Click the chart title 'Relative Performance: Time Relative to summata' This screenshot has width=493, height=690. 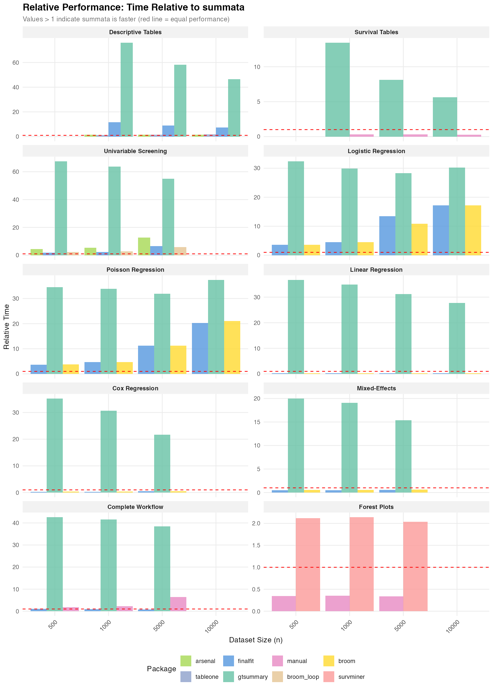pyautogui.click(x=133, y=8)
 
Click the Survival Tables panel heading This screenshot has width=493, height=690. pyautogui.click(x=376, y=32)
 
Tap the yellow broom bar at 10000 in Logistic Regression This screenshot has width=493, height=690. pyautogui.click(x=473, y=230)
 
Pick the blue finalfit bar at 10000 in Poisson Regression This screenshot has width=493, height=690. pyautogui.click(x=200, y=348)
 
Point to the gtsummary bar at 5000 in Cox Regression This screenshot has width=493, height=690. pyautogui.click(x=162, y=463)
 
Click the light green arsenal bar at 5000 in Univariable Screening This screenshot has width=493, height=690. pyautogui.click(x=144, y=246)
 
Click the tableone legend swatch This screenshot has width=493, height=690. pyautogui.click(x=186, y=677)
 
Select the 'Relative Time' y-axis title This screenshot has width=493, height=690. pyautogui.click(x=7, y=327)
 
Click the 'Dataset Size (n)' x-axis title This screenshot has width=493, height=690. pyautogui.click(x=256, y=640)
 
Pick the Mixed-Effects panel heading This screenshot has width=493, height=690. pyautogui.click(x=376, y=388)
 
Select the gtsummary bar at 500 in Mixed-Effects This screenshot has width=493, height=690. pyautogui.click(x=296, y=446)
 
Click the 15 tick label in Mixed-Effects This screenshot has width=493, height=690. pyautogui.click(x=257, y=422)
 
